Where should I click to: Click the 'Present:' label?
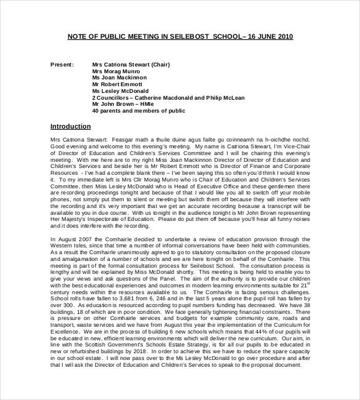tap(62, 64)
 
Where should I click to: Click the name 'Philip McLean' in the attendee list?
tap(225, 98)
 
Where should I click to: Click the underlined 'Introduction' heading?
tap(70, 127)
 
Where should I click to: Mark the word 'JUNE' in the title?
tap(263, 37)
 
